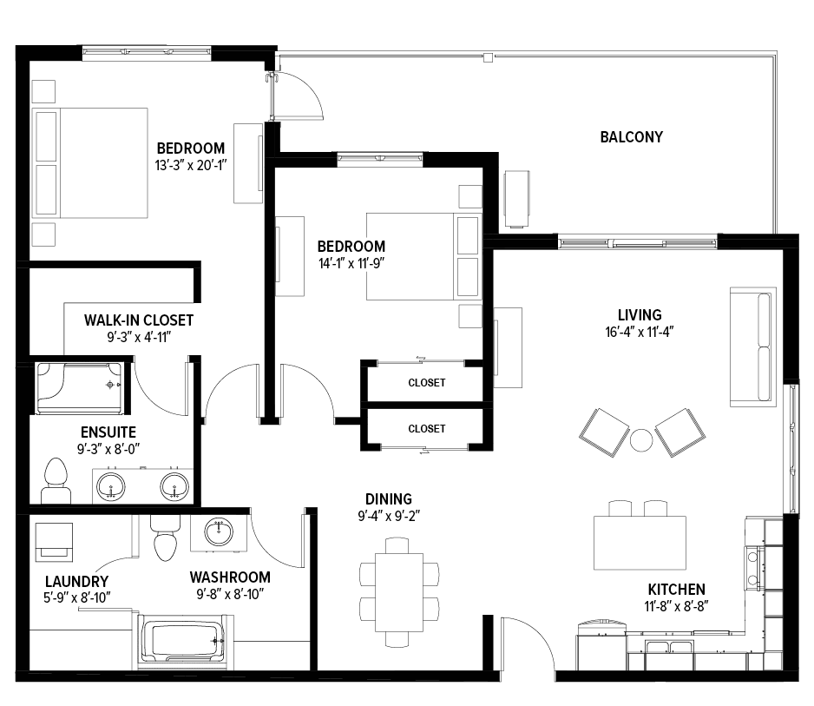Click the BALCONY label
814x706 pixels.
(x=631, y=137)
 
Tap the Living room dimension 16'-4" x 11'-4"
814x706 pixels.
(x=639, y=332)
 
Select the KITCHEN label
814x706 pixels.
(x=676, y=590)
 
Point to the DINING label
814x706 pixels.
(x=389, y=499)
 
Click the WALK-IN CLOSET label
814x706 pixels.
(x=139, y=320)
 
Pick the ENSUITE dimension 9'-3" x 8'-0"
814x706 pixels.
(x=108, y=449)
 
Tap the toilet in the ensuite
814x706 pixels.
(x=56, y=480)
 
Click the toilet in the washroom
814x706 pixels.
(x=165, y=538)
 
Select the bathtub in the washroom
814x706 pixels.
(x=181, y=642)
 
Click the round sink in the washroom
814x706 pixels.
(x=219, y=532)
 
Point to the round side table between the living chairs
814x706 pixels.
(x=641, y=440)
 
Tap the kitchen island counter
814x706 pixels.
(x=640, y=543)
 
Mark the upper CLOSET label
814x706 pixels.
(x=427, y=383)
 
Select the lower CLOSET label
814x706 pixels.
(x=427, y=429)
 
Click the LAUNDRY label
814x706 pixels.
(x=77, y=581)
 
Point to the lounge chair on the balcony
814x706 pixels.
(x=517, y=199)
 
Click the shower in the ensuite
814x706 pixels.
(x=80, y=388)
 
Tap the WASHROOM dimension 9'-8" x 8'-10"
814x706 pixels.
(x=230, y=594)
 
